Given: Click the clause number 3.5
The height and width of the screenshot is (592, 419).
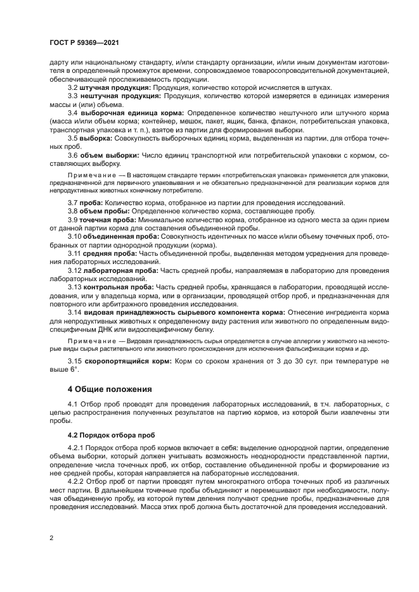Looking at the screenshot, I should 72,137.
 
